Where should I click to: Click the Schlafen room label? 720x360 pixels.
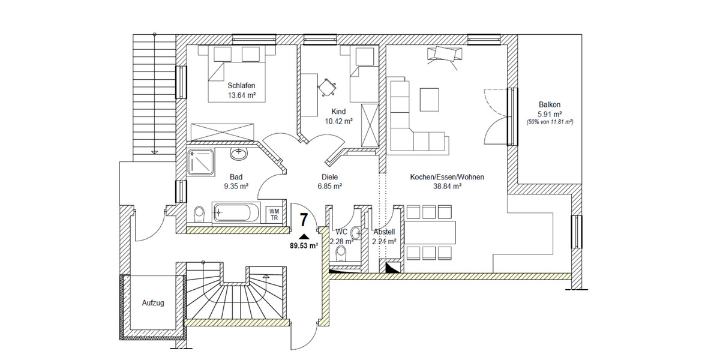[242, 85]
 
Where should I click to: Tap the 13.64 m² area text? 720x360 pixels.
[242, 95]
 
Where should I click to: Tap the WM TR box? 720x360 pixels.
[274, 214]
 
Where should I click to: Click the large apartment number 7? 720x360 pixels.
[304, 220]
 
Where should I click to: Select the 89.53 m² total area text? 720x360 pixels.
[304, 245]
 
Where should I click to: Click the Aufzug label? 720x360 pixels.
[153, 304]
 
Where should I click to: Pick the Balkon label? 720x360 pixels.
[550, 104]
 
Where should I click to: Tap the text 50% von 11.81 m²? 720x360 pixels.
[550, 122]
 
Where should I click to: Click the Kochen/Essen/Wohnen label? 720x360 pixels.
[447, 177]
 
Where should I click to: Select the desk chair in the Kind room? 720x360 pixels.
[328, 88]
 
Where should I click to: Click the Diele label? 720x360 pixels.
[329, 177]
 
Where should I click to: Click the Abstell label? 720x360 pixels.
[384, 232]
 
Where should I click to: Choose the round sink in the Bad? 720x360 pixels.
[239, 154]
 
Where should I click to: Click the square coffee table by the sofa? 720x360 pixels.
[429, 99]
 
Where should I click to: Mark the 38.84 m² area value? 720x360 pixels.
[447, 187]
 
